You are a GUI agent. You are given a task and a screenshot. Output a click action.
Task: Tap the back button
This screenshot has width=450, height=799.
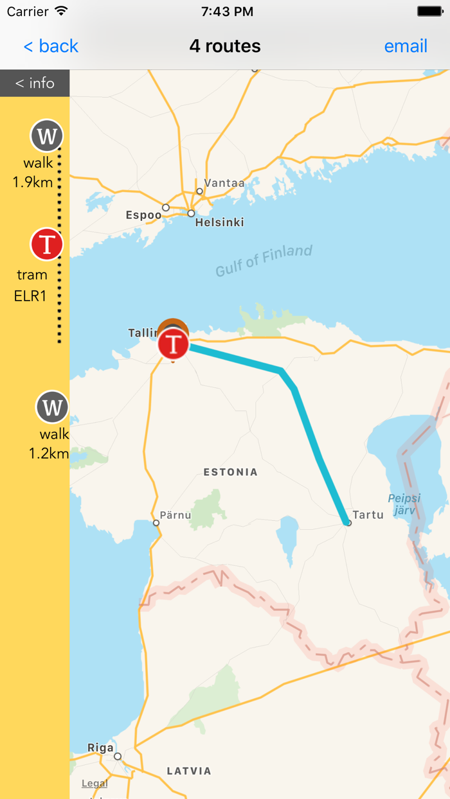click(x=51, y=46)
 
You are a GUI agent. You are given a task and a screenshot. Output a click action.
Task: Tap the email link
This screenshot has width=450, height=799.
click(x=406, y=46)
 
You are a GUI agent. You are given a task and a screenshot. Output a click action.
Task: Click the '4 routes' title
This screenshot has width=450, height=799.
click(x=225, y=46)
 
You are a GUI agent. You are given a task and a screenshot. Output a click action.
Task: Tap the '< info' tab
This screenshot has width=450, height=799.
click(x=35, y=83)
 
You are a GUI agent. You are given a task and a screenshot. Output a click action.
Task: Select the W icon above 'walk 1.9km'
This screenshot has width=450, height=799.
click(x=47, y=136)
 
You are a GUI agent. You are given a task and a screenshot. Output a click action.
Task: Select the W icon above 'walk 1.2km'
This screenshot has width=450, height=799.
click(x=52, y=407)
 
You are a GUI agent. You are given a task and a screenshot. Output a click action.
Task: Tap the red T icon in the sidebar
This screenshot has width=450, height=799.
click(x=47, y=245)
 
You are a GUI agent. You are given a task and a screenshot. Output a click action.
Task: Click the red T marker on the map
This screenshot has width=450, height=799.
click(x=174, y=344)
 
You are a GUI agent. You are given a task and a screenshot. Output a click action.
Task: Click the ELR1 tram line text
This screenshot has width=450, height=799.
click(x=30, y=296)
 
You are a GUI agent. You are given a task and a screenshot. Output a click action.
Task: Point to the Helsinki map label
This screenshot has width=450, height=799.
click(x=220, y=222)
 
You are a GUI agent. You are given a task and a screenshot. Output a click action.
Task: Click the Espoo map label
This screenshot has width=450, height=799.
click(x=143, y=215)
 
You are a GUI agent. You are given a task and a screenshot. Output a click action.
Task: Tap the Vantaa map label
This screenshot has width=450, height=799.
click(x=224, y=183)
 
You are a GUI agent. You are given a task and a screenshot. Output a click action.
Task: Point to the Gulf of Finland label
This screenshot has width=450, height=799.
click(x=264, y=260)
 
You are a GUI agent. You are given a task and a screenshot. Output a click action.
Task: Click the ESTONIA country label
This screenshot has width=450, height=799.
click(x=230, y=472)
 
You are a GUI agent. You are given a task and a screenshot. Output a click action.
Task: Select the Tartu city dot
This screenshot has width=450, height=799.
click(x=348, y=523)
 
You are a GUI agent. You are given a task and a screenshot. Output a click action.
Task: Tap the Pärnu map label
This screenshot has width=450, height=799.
click(x=175, y=514)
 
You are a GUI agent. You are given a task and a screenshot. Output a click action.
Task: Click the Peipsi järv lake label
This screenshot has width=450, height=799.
click(x=404, y=504)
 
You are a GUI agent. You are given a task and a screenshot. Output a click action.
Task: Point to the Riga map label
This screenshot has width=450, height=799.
click(x=100, y=748)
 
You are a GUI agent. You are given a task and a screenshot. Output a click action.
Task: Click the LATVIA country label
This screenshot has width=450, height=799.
click(x=189, y=771)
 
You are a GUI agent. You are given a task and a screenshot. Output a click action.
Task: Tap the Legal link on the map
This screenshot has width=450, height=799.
click(x=94, y=784)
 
